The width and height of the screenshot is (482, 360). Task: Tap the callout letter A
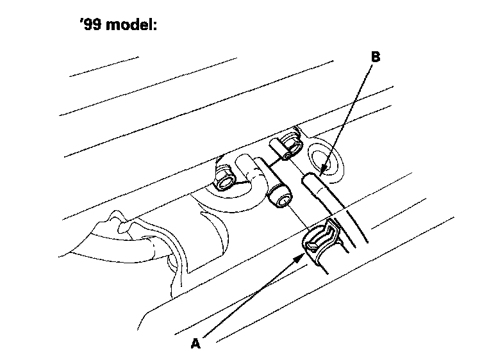[x=196, y=344]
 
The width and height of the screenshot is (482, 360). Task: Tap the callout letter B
[x=376, y=57]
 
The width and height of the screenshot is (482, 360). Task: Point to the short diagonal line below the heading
[x=104, y=67]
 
